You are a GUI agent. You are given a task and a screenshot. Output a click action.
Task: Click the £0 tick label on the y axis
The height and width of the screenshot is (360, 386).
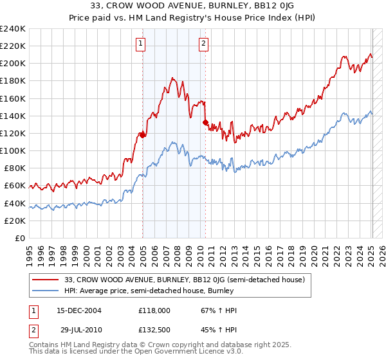pos(19,238)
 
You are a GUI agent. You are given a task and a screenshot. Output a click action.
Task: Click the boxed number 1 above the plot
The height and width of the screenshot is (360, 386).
pos(141,44)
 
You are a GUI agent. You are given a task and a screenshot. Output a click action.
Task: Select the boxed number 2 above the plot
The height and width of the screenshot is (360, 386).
pos(203,44)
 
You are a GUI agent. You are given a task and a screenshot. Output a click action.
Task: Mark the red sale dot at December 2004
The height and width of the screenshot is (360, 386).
pos(142,134)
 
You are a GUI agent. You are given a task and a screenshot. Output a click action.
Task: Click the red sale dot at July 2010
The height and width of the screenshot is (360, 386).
pos(205,122)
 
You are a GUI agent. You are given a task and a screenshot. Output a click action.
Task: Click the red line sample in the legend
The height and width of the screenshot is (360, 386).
pos(46,280)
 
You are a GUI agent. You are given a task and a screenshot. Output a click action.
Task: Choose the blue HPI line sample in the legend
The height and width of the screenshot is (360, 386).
pos(46,291)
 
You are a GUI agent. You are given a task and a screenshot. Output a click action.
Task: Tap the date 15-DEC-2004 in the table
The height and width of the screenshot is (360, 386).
pos(78,311)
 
